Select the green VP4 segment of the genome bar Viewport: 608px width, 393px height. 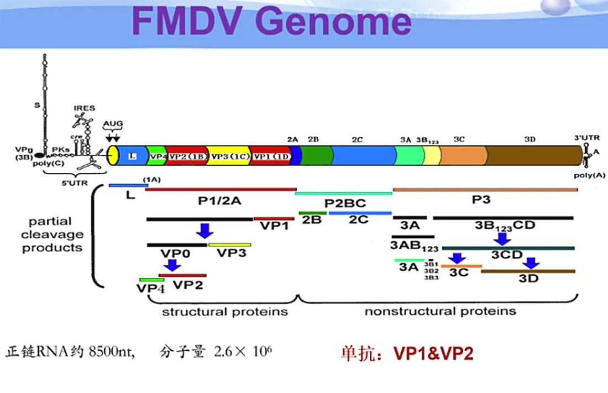[157, 156]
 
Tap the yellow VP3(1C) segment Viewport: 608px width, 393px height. [227, 156]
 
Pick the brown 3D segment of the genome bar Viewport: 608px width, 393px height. [533, 156]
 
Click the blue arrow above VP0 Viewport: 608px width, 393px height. [205, 230]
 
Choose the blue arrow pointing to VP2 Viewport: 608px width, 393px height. [173, 265]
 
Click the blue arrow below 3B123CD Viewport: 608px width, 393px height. [502, 239]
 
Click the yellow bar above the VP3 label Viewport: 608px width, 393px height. [229, 244]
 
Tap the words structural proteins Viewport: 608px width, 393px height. [224, 312]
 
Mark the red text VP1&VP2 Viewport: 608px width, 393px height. [433, 354]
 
